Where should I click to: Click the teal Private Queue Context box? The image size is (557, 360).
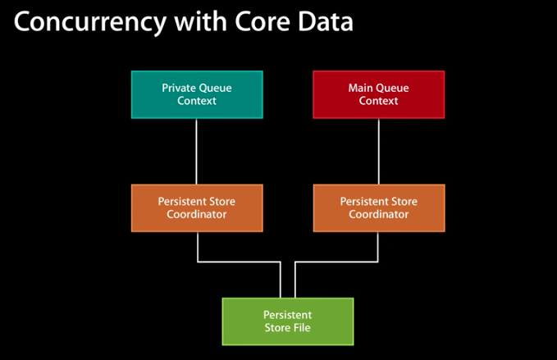pos(196,94)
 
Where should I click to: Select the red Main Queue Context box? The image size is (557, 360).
pos(378,94)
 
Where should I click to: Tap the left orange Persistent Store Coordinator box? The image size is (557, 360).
pos(196,207)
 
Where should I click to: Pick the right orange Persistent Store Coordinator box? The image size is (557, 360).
pos(378,207)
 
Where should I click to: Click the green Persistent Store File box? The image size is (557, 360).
pos(287,321)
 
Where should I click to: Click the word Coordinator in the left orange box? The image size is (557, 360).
pos(196,214)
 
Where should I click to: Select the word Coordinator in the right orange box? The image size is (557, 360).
pos(378,214)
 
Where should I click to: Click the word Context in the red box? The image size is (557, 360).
pos(378,101)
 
